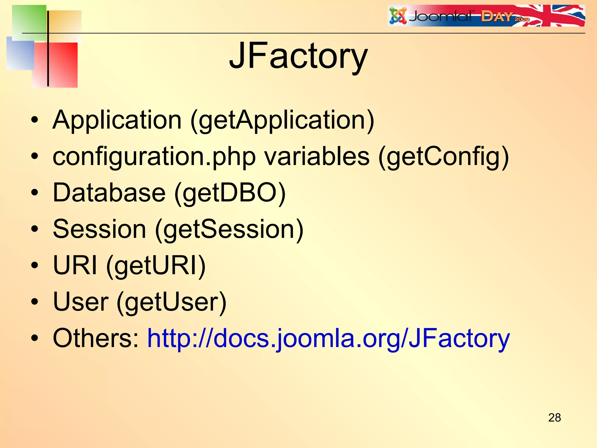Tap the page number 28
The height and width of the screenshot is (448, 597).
click(x=554, y=418)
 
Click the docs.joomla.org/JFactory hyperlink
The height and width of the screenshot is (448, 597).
click(x=329, y=338)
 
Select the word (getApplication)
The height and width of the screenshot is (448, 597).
click(x=282, y=120)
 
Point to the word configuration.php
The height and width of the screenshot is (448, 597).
click(x=154, y=157)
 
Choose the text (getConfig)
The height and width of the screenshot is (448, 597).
click(x=443, y=157)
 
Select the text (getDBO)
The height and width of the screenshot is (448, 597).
click(x=230, y=193)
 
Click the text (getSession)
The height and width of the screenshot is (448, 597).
click(x=229, y=229)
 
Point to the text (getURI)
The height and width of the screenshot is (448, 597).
click(x=156, y=265)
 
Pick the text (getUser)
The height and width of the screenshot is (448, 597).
click(x=172, y=302)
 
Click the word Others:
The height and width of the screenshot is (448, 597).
click(x=96, y=338)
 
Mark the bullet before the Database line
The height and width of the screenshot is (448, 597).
click(x=35, y=192)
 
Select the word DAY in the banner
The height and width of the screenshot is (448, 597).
click(x=496, y=17)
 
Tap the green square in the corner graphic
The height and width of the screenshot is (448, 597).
click(x=29, y=22)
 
